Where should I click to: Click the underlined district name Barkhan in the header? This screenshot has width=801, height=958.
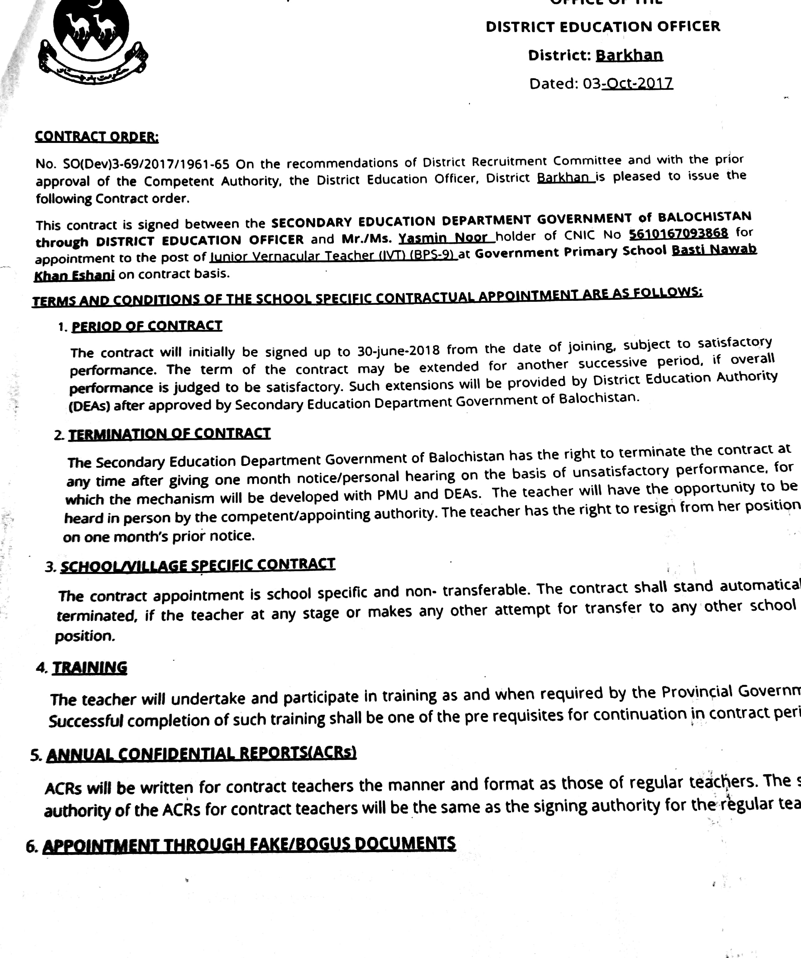coord(629,55)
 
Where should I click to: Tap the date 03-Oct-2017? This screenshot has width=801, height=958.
coord(627,83)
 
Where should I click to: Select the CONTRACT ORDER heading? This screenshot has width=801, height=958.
coord(97,136)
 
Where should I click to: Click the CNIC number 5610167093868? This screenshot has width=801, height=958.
coord(678,234)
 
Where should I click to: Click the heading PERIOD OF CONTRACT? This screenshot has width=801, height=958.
coord(147,326)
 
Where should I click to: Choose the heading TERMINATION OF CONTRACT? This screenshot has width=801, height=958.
coord(169,434)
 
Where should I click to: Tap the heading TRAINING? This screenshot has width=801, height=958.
coord(90,668)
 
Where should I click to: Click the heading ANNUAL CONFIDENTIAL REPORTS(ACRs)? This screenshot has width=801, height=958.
coord(201,754)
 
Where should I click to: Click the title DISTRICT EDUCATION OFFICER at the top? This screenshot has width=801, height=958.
coord(603,26)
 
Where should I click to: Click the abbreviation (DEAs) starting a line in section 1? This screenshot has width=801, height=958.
coord(89,406)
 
